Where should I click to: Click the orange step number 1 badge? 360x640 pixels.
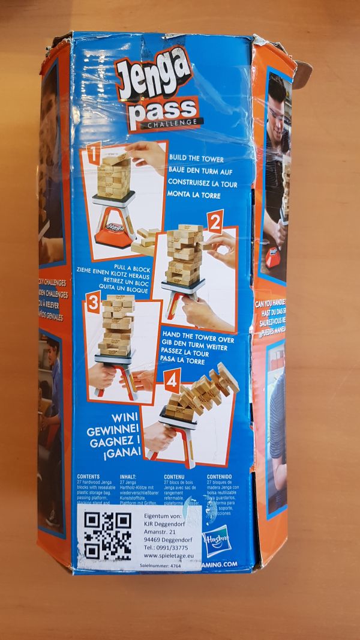point(92,156)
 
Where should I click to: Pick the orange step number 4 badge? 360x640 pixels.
point(173,379)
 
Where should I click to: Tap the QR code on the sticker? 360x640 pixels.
point(107,535)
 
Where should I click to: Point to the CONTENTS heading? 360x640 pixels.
point(88,475)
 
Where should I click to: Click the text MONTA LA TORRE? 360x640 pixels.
point(194,195)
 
